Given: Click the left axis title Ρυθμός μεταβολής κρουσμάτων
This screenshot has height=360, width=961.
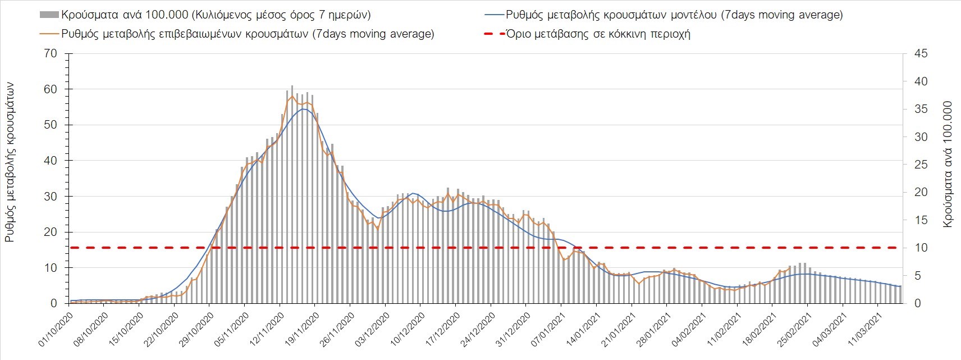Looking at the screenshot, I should coord(10,162).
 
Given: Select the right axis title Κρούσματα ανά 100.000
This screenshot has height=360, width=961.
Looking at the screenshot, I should coord(948,164).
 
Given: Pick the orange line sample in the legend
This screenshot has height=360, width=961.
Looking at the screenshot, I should coord(49,34).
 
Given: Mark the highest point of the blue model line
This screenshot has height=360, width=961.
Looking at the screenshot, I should coord(303,109).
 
